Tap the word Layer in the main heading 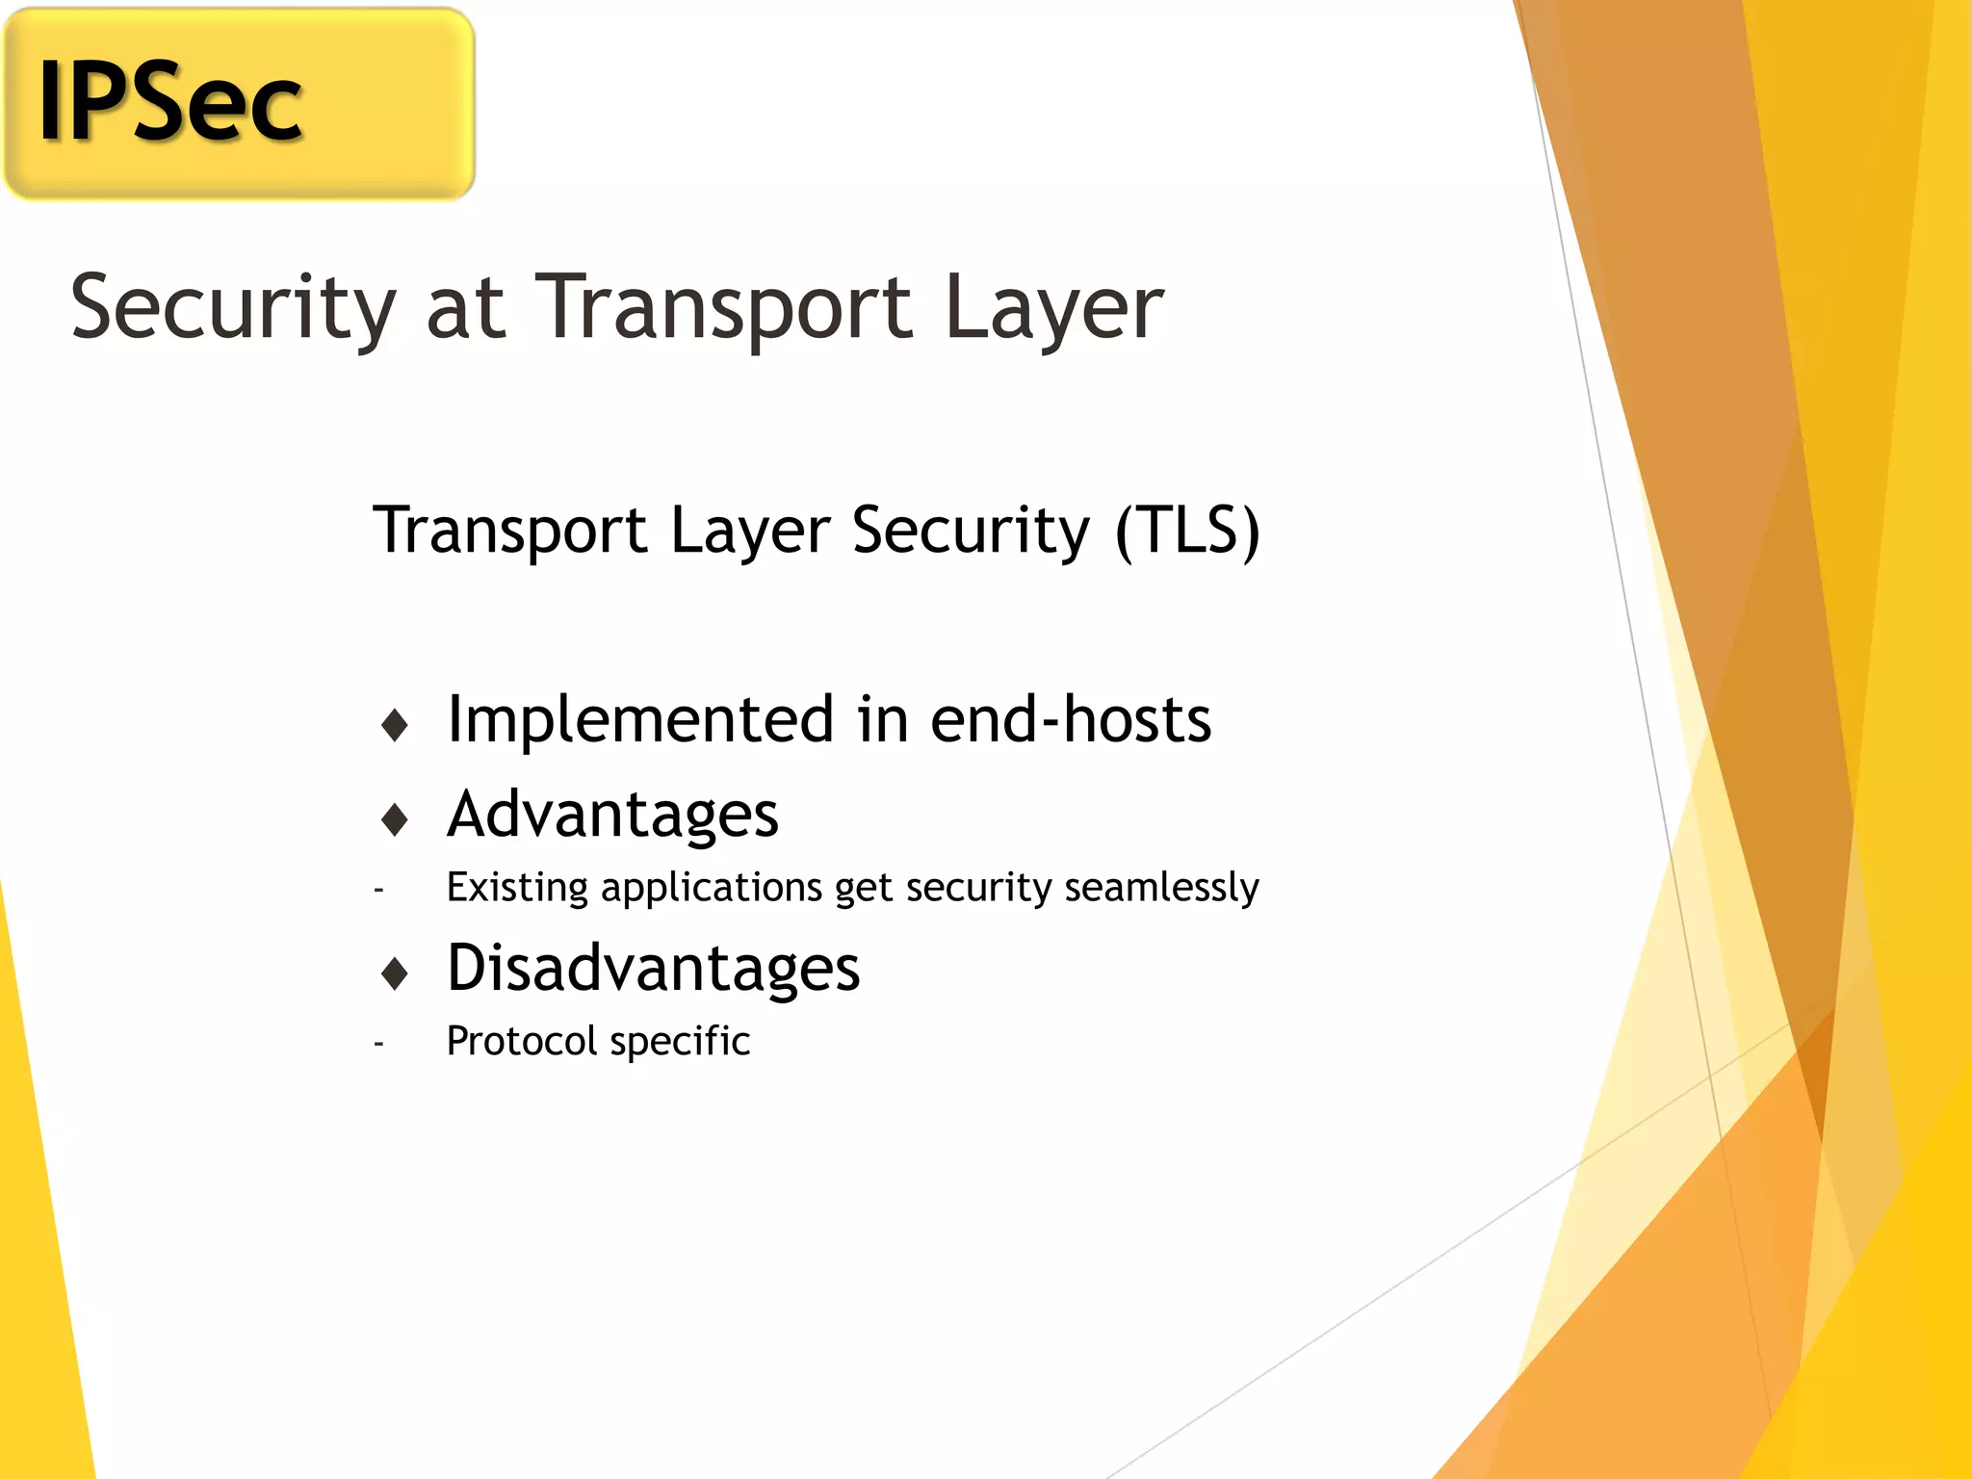(1054, 308)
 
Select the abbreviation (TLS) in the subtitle (1187, 530)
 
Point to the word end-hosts (1071, 719)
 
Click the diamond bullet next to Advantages (395, 819)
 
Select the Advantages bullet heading (612, 815)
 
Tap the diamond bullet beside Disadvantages (395, 973)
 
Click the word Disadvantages (653, 968)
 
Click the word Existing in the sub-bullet (517, 887)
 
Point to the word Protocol (522, 1041)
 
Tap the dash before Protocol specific (379, 1043)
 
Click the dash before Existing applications (379, 890)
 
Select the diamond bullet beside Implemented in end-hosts (395, 725)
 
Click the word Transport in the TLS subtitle (510, 530)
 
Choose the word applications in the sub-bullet (712, 887)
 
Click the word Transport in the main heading (723, 308)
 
